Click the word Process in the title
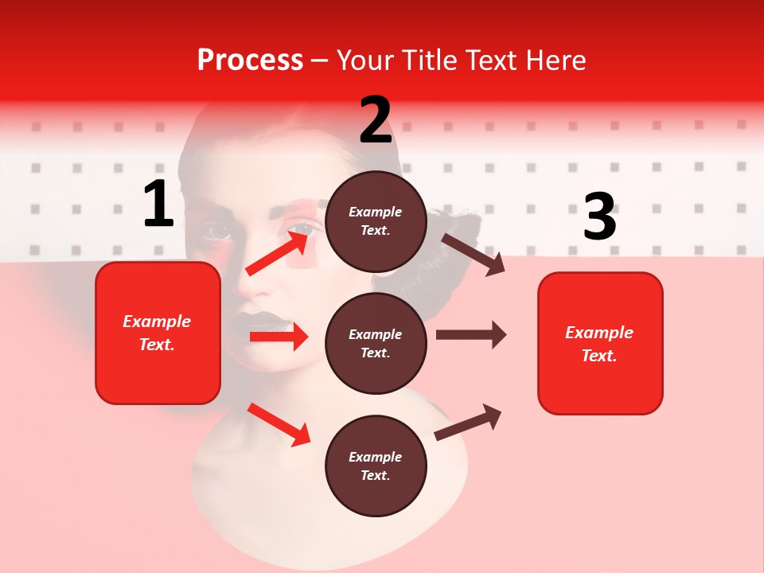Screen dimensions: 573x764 point(250,60)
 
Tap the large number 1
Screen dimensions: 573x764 point(158,205)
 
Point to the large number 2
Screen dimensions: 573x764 point(376,120)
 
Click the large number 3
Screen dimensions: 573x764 point(599,217)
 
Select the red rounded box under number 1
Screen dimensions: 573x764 point(158,333)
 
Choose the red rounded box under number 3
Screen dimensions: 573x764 point(600,343)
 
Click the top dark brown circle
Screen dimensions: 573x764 point(376,221)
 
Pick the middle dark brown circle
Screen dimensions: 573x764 point(376,343)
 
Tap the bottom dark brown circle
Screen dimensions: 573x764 point(376,466)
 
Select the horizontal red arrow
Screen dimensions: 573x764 point(279,337)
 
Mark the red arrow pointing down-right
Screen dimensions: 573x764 point(279,424)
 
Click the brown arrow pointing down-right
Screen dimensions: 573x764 point(473,254)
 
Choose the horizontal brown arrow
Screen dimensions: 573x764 point(470,334)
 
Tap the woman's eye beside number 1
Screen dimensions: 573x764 point(216,232)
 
